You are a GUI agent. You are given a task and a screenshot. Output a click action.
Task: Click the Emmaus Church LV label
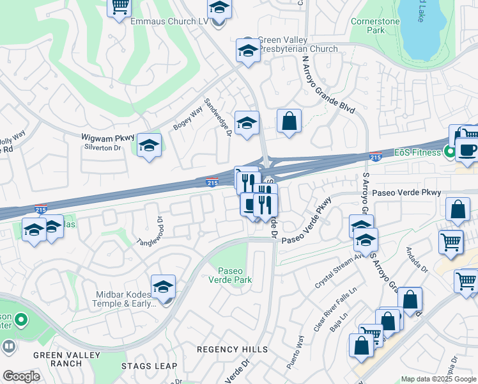(169, 21)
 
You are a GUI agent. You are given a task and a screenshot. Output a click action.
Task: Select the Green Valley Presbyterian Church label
(297, 44)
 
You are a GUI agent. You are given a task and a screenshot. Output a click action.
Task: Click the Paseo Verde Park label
(234, 275)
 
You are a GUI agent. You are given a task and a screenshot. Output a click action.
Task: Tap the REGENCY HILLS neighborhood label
(233, 349)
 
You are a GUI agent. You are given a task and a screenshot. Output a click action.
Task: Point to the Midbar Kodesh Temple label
(121, 298)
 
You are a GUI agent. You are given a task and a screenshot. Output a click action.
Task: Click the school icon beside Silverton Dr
(149, 147)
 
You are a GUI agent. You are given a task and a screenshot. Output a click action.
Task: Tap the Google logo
(21, 376)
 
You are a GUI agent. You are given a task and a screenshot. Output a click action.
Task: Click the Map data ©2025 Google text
(438, 379)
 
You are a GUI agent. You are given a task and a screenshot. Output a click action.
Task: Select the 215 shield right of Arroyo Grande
(376, 157)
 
